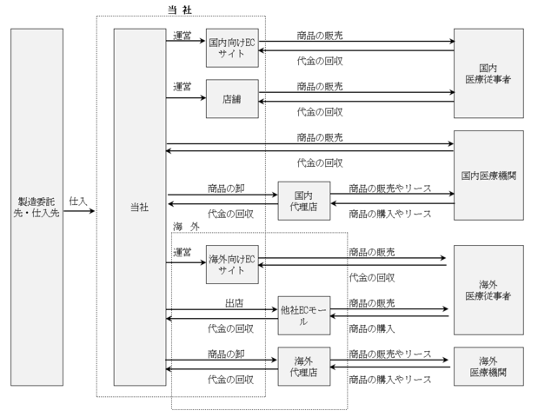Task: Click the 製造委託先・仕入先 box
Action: [37, 207]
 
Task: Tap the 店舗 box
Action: [232, 98]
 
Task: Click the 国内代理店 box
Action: [303, 201]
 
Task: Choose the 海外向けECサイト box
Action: [232, 264]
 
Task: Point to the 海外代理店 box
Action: [303, 367]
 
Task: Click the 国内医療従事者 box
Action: [488, 73]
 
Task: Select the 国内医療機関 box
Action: [488, 175]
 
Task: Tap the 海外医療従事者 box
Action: [488, 289]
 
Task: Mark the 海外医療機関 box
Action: [488, 366]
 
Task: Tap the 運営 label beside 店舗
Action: [183, 87]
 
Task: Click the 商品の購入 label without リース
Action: [372, 329]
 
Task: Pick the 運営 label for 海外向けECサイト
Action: [183, 252]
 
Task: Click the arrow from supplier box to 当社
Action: [88, 209]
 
